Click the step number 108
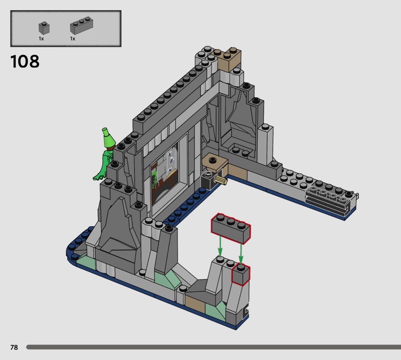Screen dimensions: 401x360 [25, 61]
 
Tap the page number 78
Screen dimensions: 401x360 [14, 347]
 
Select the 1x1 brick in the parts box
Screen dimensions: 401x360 [44, 28]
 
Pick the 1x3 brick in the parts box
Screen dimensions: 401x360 [81, 26]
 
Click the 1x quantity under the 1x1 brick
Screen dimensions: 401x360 [41, 39]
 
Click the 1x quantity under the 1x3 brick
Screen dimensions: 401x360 [73, 39]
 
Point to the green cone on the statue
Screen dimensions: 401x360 [108, 138]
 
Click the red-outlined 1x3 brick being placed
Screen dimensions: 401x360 [231, 229]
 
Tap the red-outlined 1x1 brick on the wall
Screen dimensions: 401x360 [241, 274]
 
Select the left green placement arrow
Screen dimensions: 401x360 [220, 246]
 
